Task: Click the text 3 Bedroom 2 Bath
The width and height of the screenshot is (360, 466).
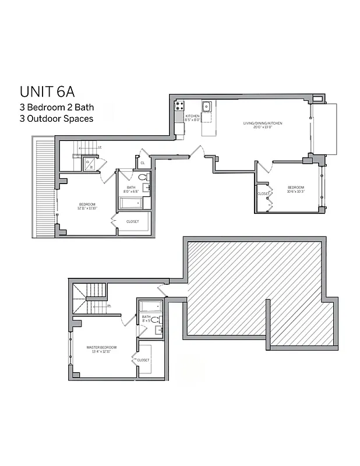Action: tap(57, 107)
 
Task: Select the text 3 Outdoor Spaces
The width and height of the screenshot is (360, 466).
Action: tap(56, 118)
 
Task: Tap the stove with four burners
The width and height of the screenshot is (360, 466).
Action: tap(179, 106)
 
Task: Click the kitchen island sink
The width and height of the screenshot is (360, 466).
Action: tap(206, 107)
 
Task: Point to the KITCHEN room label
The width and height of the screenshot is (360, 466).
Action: tap(193, 118)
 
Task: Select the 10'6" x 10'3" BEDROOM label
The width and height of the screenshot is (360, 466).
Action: tap(297, 189)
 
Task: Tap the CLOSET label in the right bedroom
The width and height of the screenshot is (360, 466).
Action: tap(263, 193)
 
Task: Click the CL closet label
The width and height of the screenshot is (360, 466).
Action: tap(143, 163)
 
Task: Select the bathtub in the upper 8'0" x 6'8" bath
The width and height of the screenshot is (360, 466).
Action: tap(130, 203)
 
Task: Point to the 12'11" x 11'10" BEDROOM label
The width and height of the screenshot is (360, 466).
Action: tap(87, 206)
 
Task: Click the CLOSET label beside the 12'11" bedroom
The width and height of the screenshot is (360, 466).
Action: tap(132, 222)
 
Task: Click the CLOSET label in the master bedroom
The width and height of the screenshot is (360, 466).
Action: tap(143, 360)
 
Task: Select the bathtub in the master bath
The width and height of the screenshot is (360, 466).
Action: tap(150, 306)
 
